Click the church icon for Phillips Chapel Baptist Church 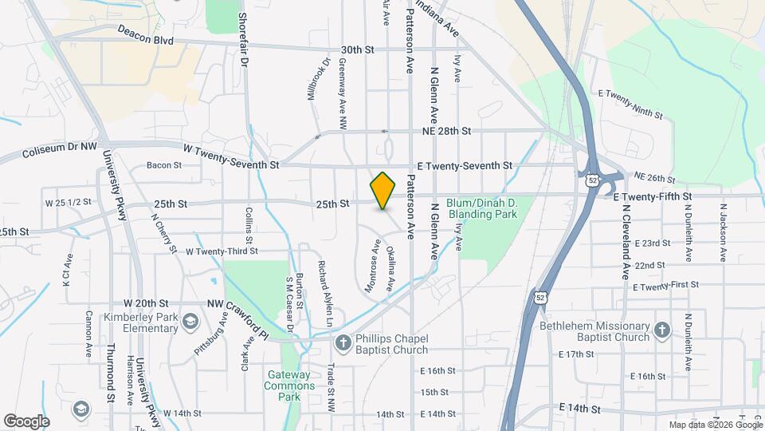pyautogui.click(x=342, y=343)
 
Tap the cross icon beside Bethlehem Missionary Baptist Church pyautogui.click(x=661, y=330)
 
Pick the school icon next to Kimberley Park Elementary pyautogui.click(x=190, y=321)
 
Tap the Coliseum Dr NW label pyautogui.click(x=60, y=151)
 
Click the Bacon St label pyautogui.click(x=164, y=166)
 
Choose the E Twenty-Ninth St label pyautogui.click(x=634, y=105)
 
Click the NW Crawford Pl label pyautogui.click(x=238, y=314)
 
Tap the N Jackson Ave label pyautogui.click(x=723, y=231)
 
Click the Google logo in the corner pyautogui.click(x=26, y=421)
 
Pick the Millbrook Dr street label pyautogui.click(x=318, y=77)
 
